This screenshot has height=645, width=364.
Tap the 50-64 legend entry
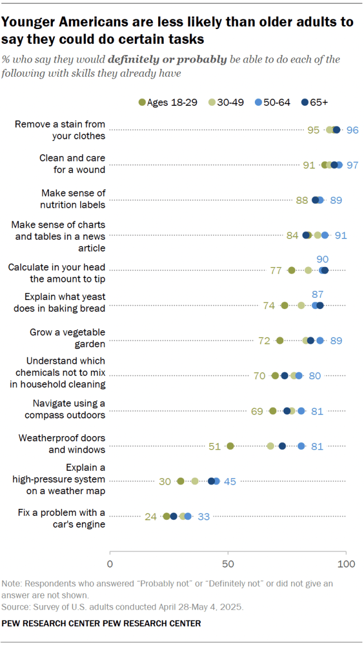tap(273, 102)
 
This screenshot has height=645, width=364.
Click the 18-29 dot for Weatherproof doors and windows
tap(230, 446)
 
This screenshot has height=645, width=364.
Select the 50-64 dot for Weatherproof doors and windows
tap(301, 446)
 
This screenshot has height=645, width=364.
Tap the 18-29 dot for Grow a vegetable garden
tap(280, 340)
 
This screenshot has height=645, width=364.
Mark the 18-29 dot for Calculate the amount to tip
tap(292, 270)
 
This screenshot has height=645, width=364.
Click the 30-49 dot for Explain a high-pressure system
tap(195, 481)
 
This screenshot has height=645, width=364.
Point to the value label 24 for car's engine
tap(151, 517)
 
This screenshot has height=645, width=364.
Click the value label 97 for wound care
tap(353, 165)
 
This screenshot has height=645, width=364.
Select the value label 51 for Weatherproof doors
tap(214, 446)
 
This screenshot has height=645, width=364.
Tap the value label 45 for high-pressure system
tap(230, 481)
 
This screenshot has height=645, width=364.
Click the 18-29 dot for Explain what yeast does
tap(285, 306)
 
